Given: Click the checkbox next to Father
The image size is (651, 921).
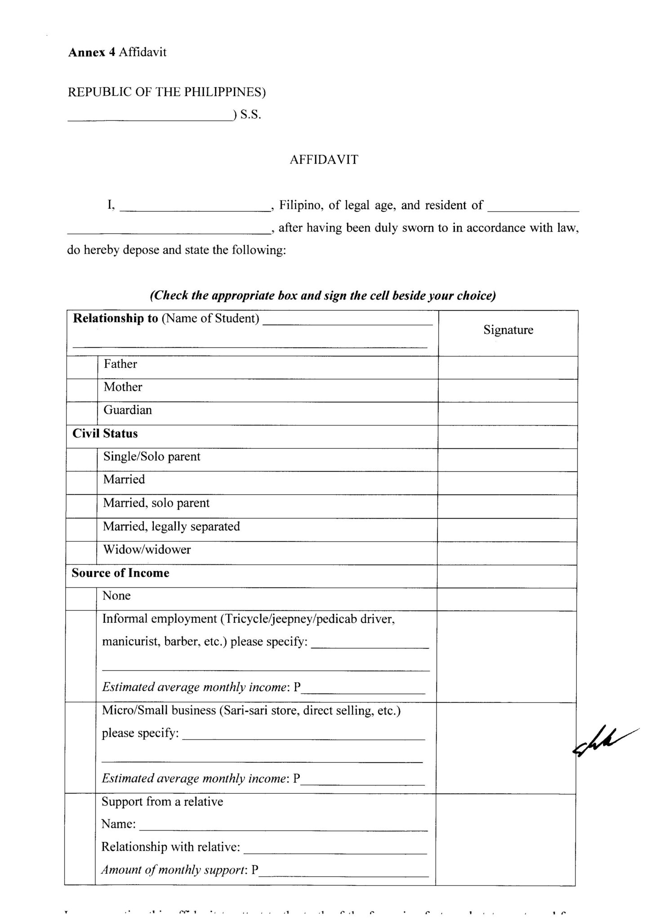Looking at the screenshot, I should click(82, 367).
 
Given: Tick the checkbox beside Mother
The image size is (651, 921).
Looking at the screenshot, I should click(82, 390).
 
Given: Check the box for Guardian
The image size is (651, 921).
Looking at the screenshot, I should click(82, 413).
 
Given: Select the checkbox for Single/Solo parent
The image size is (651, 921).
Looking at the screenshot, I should click(82, 460).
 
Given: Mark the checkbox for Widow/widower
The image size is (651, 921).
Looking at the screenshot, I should click(81, 553).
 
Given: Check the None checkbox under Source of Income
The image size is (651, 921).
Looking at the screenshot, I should click(81, 599).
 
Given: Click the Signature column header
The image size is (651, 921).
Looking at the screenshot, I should click(508, 330).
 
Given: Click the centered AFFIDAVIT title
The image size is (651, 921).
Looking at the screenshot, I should click(324, 160).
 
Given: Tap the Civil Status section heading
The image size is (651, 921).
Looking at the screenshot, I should click(105, 434).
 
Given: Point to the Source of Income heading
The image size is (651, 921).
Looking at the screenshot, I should click(120, 573).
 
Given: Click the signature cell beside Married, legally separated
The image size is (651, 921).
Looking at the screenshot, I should click(507, 530).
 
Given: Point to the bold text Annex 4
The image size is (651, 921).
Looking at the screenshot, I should click(92, 52).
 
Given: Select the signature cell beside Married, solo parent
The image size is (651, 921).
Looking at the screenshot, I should click(507, 506).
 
